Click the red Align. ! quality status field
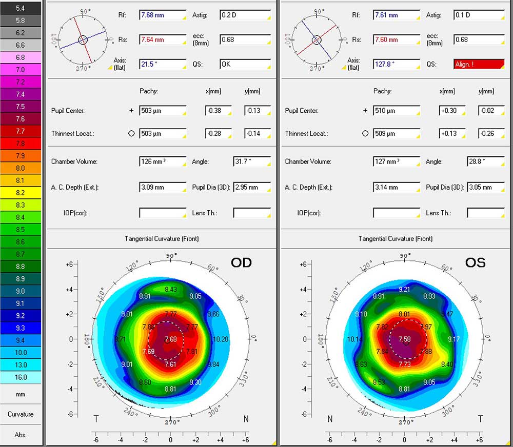pos(479,64)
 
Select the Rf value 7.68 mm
pos(163,15)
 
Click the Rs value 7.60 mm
pos(397,39)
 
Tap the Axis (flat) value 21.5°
pos(163,64)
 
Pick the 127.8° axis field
pos(397,64)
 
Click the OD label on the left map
pos(241,262)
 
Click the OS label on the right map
pos(475,262)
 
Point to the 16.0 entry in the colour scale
pos(21,377)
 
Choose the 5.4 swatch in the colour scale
pos(21,8)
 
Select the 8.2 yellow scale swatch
pos(21,193)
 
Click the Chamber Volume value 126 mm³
pos(163,161)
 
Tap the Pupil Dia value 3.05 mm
pos(485,188)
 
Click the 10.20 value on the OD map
pos(221,339)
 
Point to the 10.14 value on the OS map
pos(354,339)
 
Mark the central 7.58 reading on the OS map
pos(405,339)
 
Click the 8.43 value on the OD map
pos(171,290)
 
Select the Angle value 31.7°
pos(252,161)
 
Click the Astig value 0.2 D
pos(245,15)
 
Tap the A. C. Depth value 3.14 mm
pos(397,188)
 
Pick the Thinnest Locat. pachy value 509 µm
pos(397,133)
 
